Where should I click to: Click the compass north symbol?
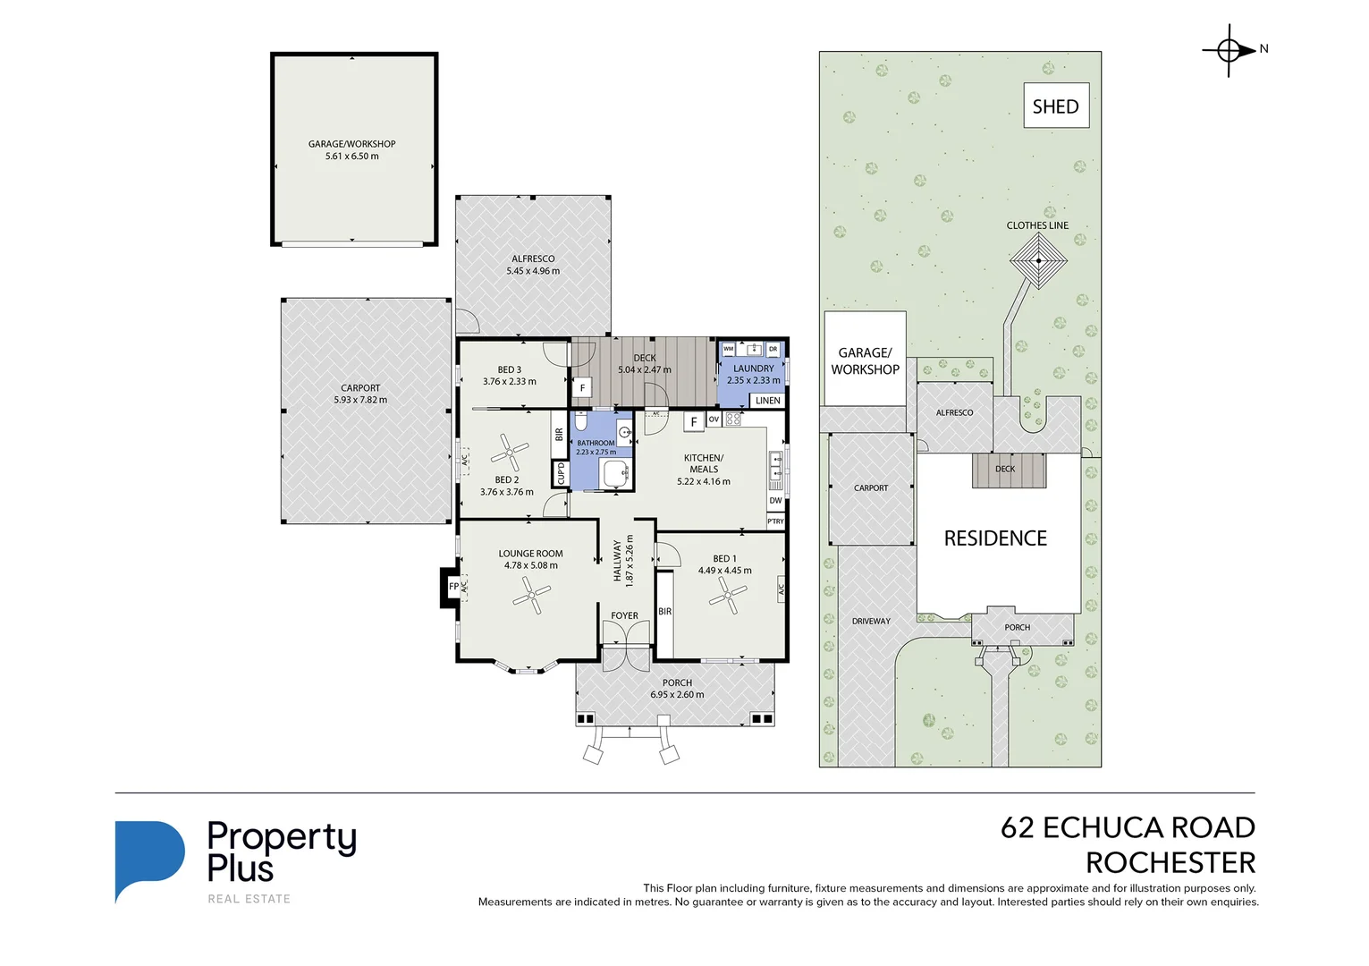pyautogui.click(x=1230, y=50)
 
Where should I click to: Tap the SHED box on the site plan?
pyautogui.click(x=1055, y=106)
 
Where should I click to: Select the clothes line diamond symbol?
pyautogui.click(x=1038, y=261)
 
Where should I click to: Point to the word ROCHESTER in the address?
pyautogui.click(x=1170, y=863)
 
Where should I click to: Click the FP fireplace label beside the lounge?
pyautogui.click(x=453, y=587)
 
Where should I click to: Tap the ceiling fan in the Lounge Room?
pyautogui.click(x=531, y=594)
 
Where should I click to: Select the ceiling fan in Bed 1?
pyautogui.click(x=729, y=595)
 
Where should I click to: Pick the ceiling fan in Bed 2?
pyautogui.click(x=511, y=453)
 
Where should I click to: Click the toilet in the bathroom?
pyautogui.click(x=580, y=422)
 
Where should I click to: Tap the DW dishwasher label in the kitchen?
pyautogui.click(x=775, y=501)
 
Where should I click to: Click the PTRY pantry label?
pyautogui.click(x=775, y=521)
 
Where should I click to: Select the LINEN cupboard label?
pyautogui.click(x=767, y=401)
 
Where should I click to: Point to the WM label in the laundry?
pyautogui.click(x=728, y=349)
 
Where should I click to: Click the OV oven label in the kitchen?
pyautogui.click(x=714, y=419)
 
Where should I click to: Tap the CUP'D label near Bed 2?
pyautogui.click(x=561, y=473)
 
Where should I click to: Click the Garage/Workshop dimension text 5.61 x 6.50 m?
pyautogui.click(x=351, y=157)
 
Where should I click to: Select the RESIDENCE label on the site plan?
pyautogui.click(x=995, y=538)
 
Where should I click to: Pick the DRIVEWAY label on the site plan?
pyautogui.click(x=871, y=621)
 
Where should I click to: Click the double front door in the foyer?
pyautogui.click(x=625, y=646)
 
